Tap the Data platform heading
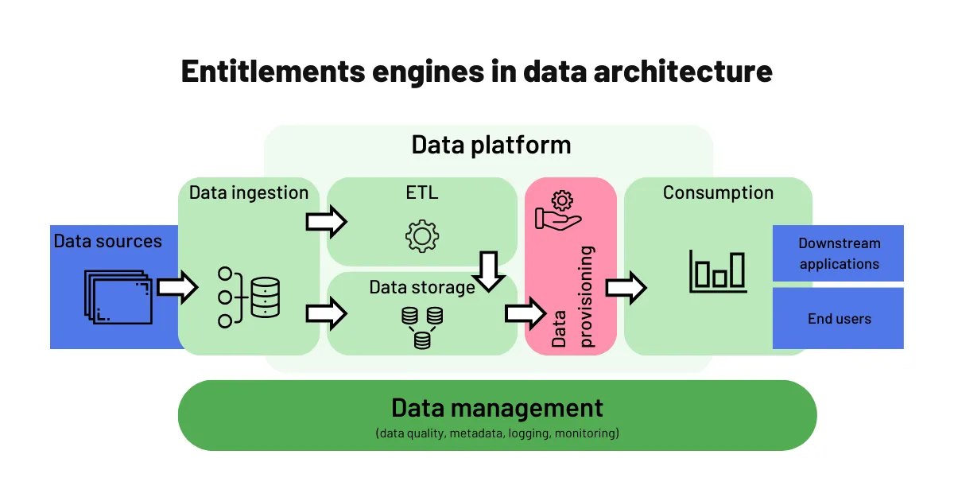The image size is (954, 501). coord(491,145)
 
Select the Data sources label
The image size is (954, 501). coord(107,241)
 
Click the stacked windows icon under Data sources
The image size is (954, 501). coord(117,297)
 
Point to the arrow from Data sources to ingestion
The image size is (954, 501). coord(176,287)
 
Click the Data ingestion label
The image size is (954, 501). coord(248,192)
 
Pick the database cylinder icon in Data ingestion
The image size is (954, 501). coord(265,297)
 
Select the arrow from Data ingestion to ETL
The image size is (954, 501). coord(326,221)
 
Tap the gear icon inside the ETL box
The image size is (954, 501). coord(421,236)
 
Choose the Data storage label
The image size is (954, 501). coord(421,287)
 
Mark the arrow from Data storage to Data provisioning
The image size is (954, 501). coord(525,313)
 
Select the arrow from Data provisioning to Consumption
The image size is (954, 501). coord(626,288)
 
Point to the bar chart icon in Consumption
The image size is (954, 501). coord(717,270)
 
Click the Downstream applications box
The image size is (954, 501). coord(838,253)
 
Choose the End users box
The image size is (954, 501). coord(838,318)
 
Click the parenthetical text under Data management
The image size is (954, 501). coord(497,433)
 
